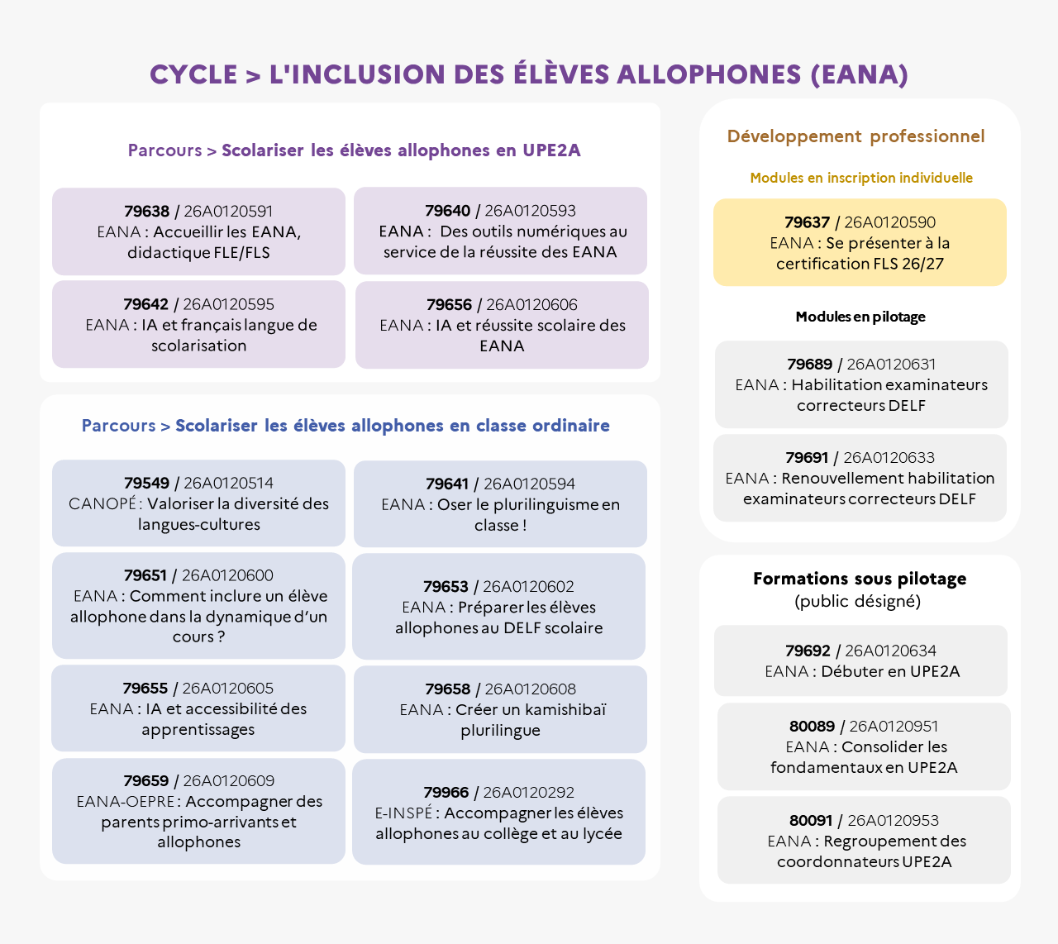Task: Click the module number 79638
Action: point(147,211)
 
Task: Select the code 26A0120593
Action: point(530,211)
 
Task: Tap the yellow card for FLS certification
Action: point(860,242)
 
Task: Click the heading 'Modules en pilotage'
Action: point(860,317)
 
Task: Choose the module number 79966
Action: point(446,793)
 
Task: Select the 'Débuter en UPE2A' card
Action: point(860,660)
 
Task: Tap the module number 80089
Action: point(812,726)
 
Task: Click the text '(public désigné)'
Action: point(857,601)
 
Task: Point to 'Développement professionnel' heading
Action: point(855,136)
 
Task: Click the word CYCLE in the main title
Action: point(193,74)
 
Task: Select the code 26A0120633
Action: point(889,458)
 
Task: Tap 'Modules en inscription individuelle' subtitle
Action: point(861,179)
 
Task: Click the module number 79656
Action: point(449,304)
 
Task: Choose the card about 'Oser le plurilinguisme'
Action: point(500,504)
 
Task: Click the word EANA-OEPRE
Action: point(126,801)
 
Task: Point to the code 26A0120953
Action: point(893,821)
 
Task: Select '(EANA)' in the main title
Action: point(860,74)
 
